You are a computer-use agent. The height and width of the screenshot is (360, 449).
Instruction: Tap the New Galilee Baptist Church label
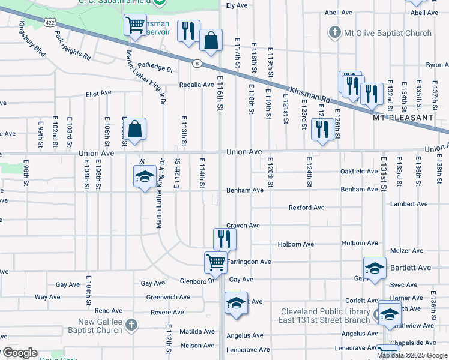91,326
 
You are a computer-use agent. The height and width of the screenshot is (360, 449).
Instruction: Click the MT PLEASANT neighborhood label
402,118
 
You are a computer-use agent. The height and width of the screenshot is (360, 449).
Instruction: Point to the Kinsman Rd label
310,93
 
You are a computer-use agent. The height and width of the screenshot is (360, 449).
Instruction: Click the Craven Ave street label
243,226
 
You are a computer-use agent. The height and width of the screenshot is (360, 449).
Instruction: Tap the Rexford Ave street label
306,208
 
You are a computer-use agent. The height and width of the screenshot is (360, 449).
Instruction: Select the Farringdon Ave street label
249,262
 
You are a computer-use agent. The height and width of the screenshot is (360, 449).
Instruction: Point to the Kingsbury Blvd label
32,39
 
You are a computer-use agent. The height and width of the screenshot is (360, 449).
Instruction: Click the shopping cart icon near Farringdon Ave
215,262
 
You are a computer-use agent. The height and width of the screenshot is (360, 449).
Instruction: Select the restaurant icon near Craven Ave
224,239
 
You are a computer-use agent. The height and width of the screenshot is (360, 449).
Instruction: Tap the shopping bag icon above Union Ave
136,130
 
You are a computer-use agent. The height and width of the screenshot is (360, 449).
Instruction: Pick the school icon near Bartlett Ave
374,268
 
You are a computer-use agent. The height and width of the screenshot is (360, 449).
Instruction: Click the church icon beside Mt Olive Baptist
334,33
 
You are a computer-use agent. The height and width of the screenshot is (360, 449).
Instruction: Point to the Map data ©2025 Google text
412,355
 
